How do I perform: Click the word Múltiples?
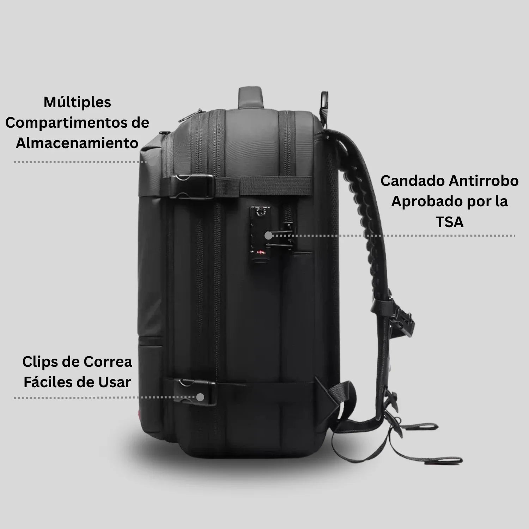click(77, 103)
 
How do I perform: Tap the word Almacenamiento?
click(77, 144)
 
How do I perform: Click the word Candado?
click(412, 181)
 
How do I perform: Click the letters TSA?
click(449, 222)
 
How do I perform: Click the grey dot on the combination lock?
click(268, 236)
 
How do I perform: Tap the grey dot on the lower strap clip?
click(200, 397)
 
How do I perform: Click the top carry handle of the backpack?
click(251, 97)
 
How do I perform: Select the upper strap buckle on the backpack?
click(192, 186)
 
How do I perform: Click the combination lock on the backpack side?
click(260, 229)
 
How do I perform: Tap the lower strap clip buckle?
click(196, 391)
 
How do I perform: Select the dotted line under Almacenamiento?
click(79, 162)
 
